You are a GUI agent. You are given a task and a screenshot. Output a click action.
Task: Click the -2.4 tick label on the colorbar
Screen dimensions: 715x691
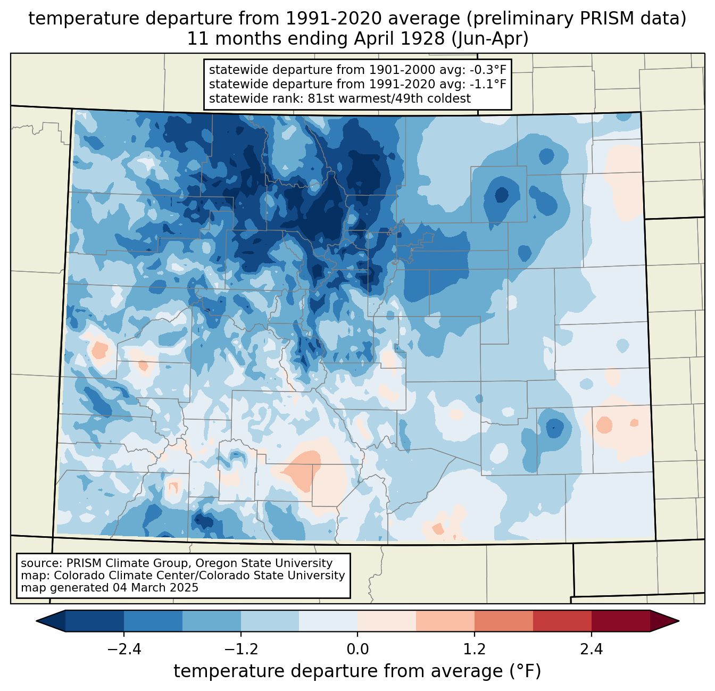[124, 650]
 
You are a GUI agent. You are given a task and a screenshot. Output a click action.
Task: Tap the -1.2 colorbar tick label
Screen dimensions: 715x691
[241, 650]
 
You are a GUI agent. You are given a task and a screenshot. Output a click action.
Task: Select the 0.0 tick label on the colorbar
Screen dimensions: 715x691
[358, 650]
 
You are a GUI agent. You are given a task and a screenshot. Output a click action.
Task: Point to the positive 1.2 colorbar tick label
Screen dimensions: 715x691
[475, 650]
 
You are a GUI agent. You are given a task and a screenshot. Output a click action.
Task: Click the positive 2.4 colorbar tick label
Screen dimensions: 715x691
[592, 650]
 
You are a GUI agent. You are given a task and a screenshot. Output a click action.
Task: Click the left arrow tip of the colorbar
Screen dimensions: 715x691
[36, 621]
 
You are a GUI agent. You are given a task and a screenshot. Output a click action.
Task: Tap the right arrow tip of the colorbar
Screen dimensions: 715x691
[679, 621]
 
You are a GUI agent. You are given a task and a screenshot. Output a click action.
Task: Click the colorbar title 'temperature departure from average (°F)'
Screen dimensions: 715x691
[358, 671]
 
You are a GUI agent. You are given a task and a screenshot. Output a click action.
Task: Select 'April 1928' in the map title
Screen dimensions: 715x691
[399, 39]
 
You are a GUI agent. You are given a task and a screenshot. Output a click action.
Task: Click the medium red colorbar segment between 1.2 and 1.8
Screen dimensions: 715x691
[504, 621]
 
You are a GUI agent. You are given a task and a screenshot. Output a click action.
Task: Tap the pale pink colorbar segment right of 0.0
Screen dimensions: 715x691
[387, 621]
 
